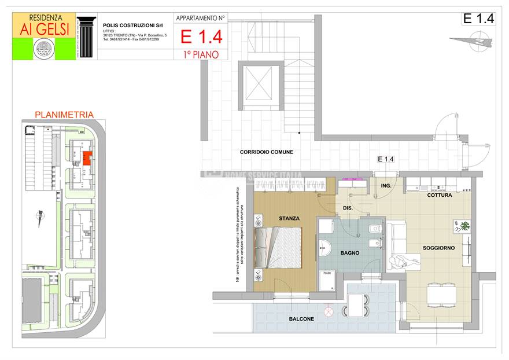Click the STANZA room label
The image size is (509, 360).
click(289, 218)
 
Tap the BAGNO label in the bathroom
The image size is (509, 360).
click(349, 253)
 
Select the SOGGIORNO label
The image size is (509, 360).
click(438, 248)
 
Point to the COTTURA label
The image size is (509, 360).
click(439, 196)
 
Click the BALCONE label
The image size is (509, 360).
click(301, 319)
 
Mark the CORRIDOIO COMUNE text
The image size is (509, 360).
click(267, 152)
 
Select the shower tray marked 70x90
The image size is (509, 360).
click(327, 281)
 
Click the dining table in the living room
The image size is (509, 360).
click(443, 295)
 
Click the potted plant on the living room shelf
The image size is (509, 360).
click(464, 226)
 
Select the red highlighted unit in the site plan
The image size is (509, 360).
click(85, 157)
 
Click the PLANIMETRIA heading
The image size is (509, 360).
click(64, 115)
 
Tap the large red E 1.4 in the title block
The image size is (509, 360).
click(201, 38)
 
